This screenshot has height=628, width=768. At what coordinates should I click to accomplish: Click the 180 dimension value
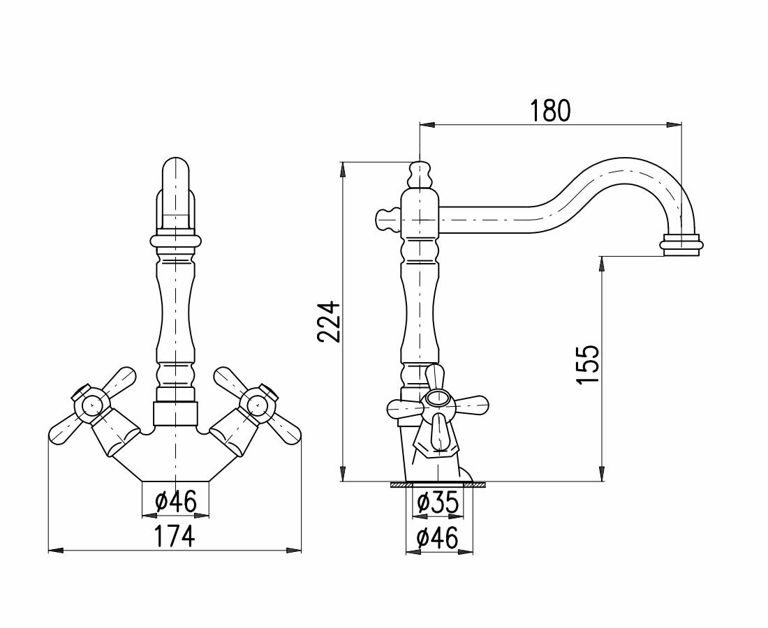coord(550,110)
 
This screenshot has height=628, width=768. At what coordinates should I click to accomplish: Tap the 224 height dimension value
coord(329,321)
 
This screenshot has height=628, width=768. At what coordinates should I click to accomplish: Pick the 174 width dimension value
coord(174,537)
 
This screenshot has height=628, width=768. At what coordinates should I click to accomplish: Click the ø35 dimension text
coord(437,502)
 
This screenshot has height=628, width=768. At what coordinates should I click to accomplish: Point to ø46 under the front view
coord(175,501)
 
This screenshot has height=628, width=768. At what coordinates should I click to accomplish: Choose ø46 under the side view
coord(437,538)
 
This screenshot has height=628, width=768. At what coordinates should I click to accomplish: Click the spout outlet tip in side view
coord(681,246)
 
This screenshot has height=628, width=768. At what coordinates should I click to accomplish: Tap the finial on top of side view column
coord(418,174)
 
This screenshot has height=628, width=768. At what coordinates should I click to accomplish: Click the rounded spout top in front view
coord(175,171)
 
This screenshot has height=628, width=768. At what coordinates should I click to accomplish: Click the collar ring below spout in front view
coord(175,241)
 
